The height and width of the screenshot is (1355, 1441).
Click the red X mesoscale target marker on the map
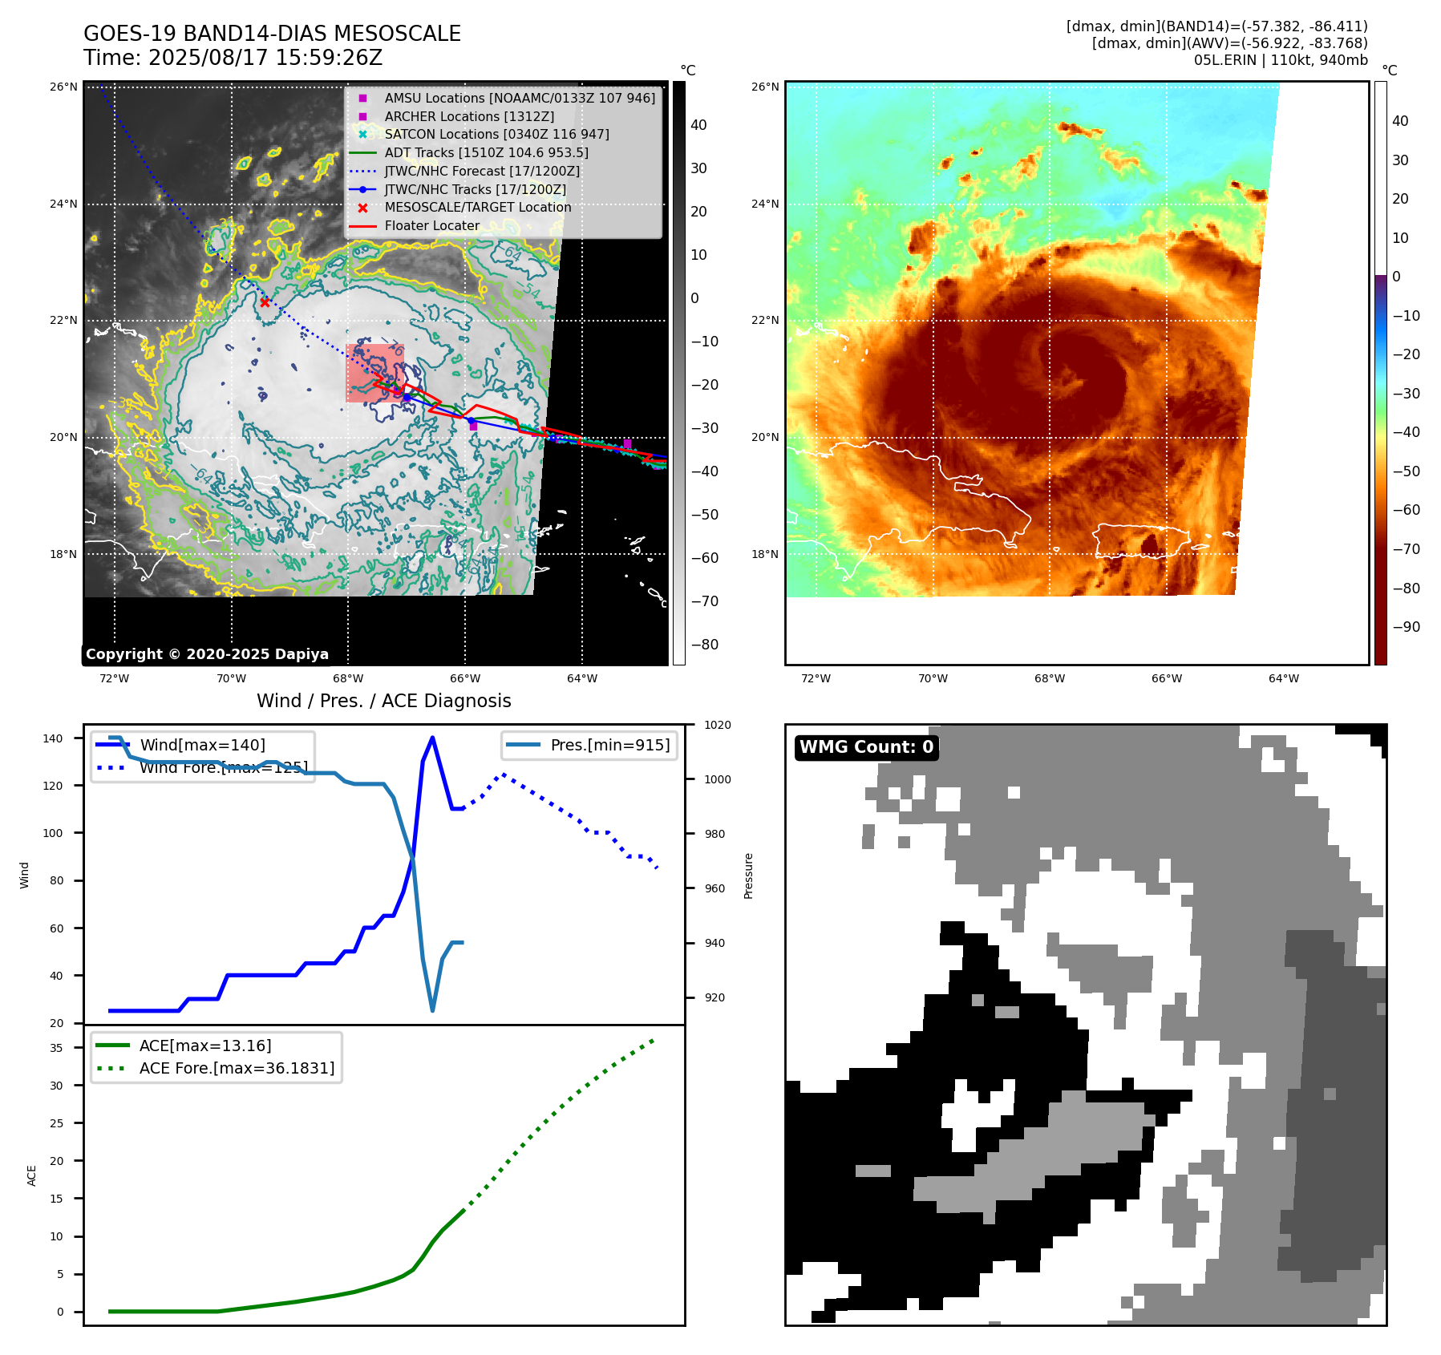(265, 302)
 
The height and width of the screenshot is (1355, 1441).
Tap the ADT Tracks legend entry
(486, 152)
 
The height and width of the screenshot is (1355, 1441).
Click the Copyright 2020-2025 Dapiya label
(207, 654)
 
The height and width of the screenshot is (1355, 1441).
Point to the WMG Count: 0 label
(866, 747)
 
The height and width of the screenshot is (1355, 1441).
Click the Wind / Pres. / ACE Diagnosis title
(383, 701)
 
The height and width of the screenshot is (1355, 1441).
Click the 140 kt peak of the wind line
(433, 738)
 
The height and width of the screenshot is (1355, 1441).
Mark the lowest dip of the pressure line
(433, 1010)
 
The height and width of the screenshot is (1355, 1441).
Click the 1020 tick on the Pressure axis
(718, 725)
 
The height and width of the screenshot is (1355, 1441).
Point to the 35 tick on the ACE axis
(56, 1048)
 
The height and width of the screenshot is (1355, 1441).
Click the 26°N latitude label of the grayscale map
(63, 87)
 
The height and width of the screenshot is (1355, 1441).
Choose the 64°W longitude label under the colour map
(1283, 678)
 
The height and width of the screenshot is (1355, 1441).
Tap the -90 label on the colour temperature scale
(1406, 627)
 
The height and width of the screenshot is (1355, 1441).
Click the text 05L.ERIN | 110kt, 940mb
(1280, 60)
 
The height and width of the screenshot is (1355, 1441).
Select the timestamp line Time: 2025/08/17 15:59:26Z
(233, 58)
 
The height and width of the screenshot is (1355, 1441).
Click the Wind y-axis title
(25, 875)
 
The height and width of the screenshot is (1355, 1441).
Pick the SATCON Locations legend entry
(496, 134)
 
